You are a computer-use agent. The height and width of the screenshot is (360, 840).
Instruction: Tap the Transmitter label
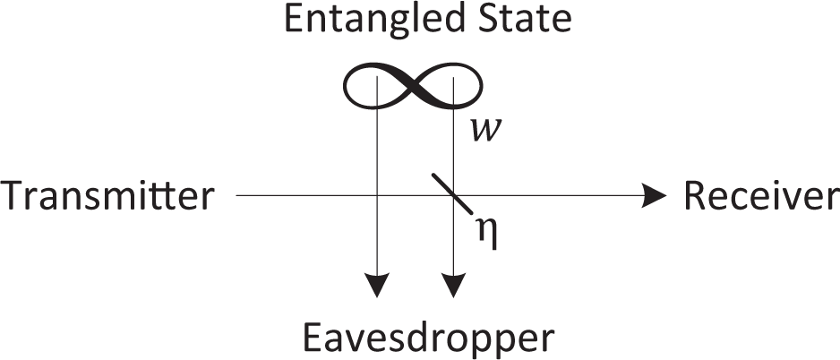(x=108, y=196)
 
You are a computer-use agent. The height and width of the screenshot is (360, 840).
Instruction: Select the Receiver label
(x=761, y=196)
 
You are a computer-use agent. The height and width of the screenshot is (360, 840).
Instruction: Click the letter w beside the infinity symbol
(x=484, y=131)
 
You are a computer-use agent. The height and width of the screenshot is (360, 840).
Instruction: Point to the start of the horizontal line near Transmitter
(x=237, y=196)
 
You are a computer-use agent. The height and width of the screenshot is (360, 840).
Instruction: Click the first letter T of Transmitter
(x=14, y=196)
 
